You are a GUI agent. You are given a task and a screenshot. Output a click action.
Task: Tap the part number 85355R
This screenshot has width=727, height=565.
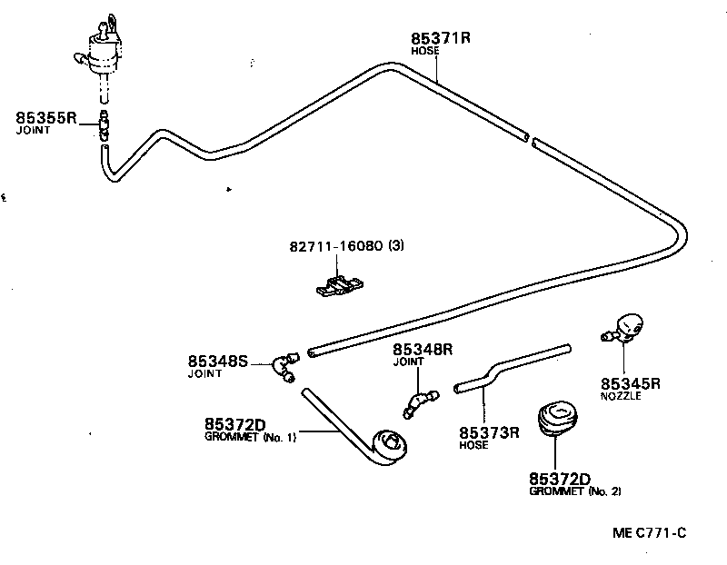[x=46, y=118]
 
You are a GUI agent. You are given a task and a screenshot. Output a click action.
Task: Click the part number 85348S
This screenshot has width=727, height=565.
[x=218, y=361]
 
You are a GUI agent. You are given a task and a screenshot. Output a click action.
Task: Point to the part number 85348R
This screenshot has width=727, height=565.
[x=423, y=349]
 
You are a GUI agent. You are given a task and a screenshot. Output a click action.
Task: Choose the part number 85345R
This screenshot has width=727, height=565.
[x=630, y=383]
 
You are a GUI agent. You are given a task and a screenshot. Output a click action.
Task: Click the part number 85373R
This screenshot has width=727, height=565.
[x=489, y=432]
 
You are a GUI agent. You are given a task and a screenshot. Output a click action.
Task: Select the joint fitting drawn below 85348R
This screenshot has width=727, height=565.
[x=419, y=402]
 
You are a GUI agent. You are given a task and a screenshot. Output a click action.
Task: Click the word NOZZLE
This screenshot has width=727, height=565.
[x=621, y=397]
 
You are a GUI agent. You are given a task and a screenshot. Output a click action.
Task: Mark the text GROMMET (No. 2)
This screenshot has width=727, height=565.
[x=574, y=491]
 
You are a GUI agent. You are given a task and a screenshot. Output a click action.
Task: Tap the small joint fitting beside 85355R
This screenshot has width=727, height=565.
[x=105, y=126]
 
